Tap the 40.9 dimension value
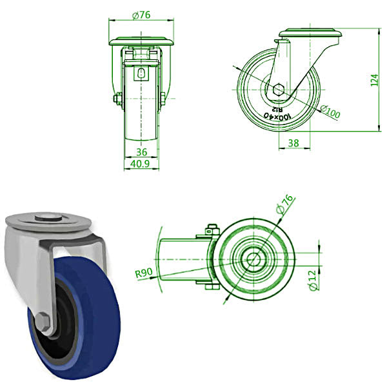(141, 164)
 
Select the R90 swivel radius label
(143, 273)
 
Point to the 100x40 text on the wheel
(277, 116)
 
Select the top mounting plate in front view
(141, 42)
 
